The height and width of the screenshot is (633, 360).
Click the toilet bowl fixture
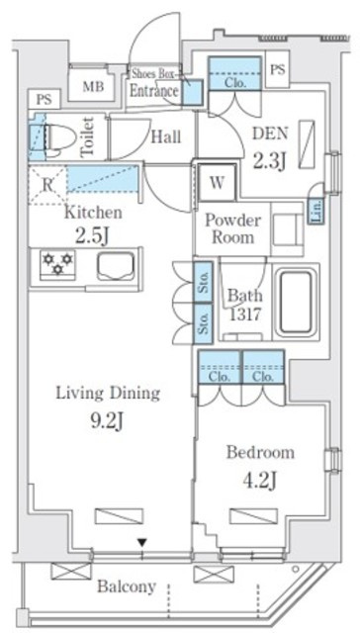pos(57,137)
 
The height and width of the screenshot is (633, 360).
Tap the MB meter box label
pos(93,86)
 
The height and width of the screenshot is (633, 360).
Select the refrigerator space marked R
pos(47,185)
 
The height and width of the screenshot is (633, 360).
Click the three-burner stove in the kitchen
pos(57,263)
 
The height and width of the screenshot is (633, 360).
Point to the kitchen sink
pos(116,266)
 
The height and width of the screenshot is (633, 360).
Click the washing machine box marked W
pos(218,183)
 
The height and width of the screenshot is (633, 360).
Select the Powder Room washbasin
pos(287,228)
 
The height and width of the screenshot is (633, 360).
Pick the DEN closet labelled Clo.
pos(234,73)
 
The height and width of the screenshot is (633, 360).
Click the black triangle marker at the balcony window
pos(141,542)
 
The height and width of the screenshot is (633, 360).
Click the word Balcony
pos(127,586)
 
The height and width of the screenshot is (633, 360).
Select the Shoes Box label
pos(153,74)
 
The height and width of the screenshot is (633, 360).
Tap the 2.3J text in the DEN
pos(271,160)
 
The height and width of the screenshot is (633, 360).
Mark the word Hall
pos(166,137)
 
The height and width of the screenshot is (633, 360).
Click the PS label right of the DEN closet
pos(278,69)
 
